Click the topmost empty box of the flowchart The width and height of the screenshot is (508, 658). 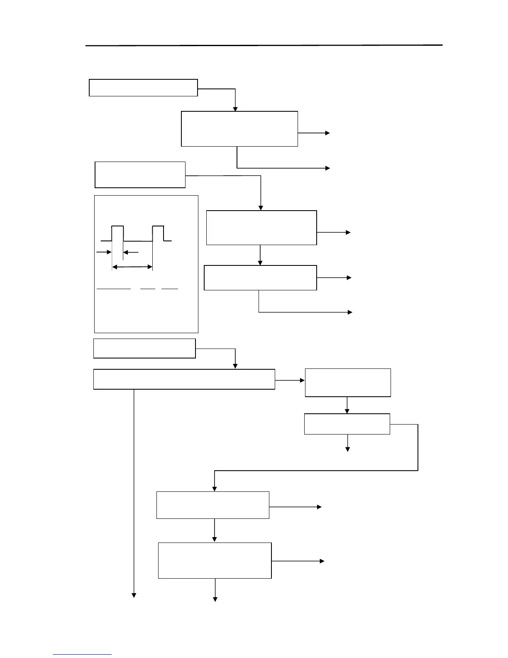coord(143,88)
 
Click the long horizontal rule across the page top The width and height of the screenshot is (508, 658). coord(264,45)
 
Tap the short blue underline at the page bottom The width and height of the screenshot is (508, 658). coord(82,654)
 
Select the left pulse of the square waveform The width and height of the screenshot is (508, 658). coord(117,233)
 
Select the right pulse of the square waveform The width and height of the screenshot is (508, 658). coord(158,233)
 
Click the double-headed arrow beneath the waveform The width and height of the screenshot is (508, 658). coord(132,267)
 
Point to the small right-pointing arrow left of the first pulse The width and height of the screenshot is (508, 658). coord(104,252)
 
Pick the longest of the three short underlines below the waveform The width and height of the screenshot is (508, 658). coord(114,288)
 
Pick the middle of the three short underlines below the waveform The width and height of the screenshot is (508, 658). coord(148,288)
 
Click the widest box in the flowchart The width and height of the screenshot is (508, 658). coord(184,379)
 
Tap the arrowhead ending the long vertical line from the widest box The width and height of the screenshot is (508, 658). coord(134,595)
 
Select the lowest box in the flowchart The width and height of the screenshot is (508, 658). coord(215,560)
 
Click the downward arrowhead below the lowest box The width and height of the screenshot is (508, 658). coord(215,599)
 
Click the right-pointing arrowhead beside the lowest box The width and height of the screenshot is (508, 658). coord(322,561)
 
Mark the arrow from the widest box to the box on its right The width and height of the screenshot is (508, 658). coord(290,380)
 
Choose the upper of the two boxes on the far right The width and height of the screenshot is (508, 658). coord(348,383)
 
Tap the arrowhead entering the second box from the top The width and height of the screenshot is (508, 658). coord(235,109)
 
